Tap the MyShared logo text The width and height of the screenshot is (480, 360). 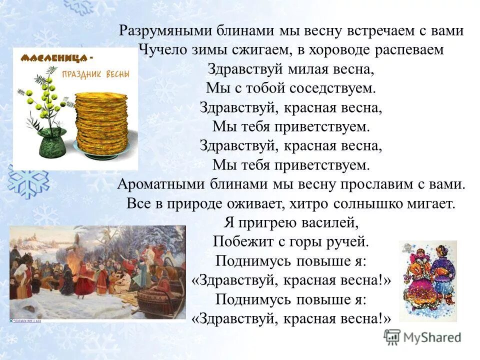[431, 337]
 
